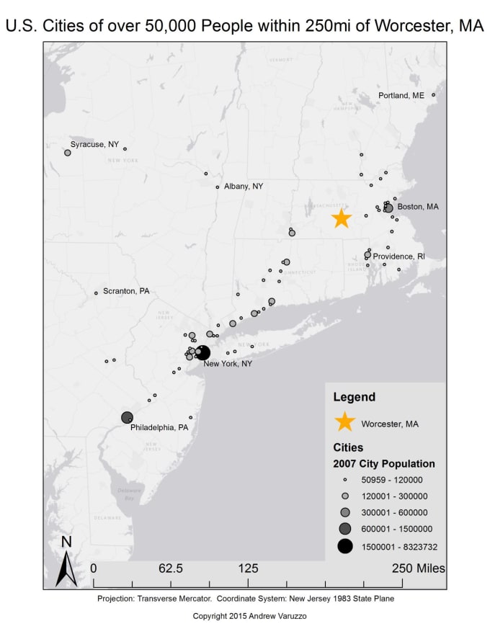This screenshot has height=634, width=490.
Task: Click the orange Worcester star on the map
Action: (341, 218)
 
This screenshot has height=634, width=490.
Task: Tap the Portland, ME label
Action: (402, 96)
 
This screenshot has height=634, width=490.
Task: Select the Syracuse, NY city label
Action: (94, 144)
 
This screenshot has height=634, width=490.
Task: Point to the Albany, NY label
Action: (244, 186)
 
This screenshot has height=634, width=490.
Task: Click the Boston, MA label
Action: (418, 207)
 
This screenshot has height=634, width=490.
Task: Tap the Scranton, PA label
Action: (126, 291)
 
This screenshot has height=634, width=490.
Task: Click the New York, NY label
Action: (228, 364)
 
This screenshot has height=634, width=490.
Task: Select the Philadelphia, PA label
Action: (159, 427)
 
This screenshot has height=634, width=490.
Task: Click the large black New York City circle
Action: (202, 353)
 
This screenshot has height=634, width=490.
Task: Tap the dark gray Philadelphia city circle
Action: (127, 417)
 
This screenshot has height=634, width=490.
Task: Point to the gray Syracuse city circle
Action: (68, 153)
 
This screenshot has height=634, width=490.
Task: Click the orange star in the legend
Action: (345, 423)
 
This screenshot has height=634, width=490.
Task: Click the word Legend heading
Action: (354, 396)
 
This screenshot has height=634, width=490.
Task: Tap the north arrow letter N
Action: (66, 542)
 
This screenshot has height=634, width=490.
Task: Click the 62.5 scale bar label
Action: (171, 568)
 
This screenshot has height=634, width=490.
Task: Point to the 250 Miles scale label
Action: (418, 568)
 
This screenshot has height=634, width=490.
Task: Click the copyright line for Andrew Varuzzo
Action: (244, 617)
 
